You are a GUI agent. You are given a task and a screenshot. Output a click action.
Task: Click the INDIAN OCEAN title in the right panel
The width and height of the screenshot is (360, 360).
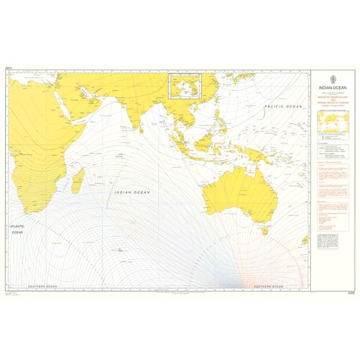(332, 88)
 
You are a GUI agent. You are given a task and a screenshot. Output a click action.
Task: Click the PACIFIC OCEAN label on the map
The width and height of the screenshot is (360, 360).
(284, 106)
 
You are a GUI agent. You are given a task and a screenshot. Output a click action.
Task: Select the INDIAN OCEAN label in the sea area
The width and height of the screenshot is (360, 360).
(133, 192)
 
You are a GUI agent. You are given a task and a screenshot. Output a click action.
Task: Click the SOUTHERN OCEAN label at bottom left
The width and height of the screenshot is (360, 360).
(41, 286)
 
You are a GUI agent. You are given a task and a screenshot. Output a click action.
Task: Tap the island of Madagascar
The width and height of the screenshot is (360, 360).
(78, 180)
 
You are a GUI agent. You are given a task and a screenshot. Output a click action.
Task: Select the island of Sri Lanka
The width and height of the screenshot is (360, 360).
(140, 127)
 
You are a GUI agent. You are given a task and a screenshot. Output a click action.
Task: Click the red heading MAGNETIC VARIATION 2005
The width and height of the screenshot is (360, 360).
(332, 97)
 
